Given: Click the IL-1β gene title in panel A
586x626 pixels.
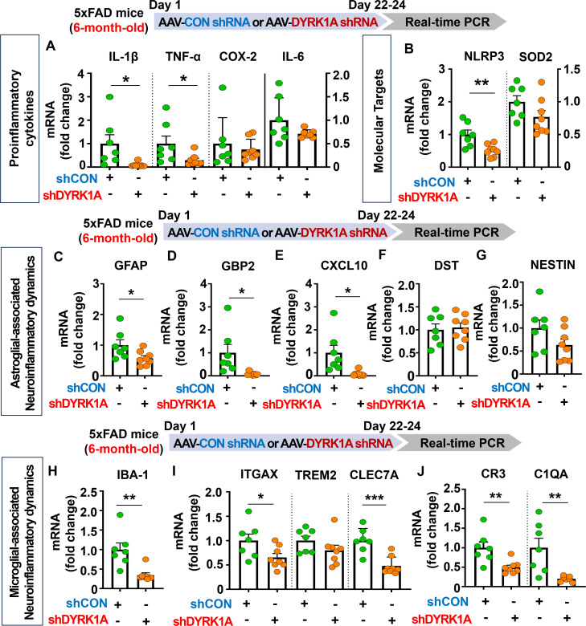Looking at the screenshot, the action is click(123, 57).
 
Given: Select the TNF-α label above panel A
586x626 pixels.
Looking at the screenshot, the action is click(183, 57).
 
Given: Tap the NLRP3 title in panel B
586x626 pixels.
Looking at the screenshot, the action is click(484, 56).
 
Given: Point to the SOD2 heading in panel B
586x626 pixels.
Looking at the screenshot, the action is click(535, 57).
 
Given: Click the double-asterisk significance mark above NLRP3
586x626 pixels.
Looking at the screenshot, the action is click(482, 83).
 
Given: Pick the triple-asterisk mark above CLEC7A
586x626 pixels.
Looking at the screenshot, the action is click(375, 498).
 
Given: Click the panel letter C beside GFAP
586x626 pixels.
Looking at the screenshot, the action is click(59, 256).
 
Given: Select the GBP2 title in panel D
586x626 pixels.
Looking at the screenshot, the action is click(238, 266).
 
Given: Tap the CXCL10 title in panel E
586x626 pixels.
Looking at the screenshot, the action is click(344, 266).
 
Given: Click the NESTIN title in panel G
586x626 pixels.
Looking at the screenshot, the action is click(553, 265).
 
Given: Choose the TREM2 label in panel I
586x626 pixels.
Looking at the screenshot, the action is click(316, 475).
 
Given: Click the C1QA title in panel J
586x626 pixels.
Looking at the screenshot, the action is click(551, 474).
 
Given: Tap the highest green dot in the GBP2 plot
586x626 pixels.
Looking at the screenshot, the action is click(227, 308).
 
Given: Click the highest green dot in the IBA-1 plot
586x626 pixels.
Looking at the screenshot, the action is click(120, 515).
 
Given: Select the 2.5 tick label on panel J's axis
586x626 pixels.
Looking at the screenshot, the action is click(453, 488).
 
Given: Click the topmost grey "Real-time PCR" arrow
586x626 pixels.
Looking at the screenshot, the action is click(443, 22).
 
